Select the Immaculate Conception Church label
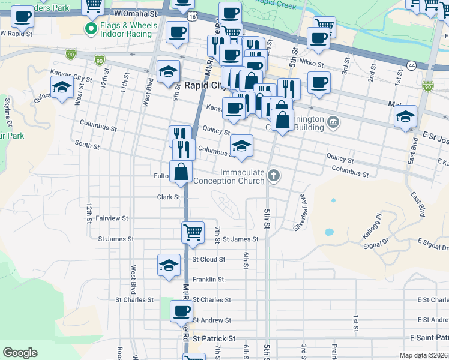tap(242, 176)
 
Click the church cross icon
tap(274, 176)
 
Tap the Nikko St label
tap(312, 64)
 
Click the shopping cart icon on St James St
tap(193, 232)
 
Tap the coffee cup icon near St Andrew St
tap(181, 311)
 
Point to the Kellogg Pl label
tap(372, 224)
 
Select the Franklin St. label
tap(209, 280)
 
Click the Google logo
tap(20, 353)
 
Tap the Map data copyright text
tap(424, 355)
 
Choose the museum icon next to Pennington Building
tap(334, 124)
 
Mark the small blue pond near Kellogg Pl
tap(328, 232)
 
